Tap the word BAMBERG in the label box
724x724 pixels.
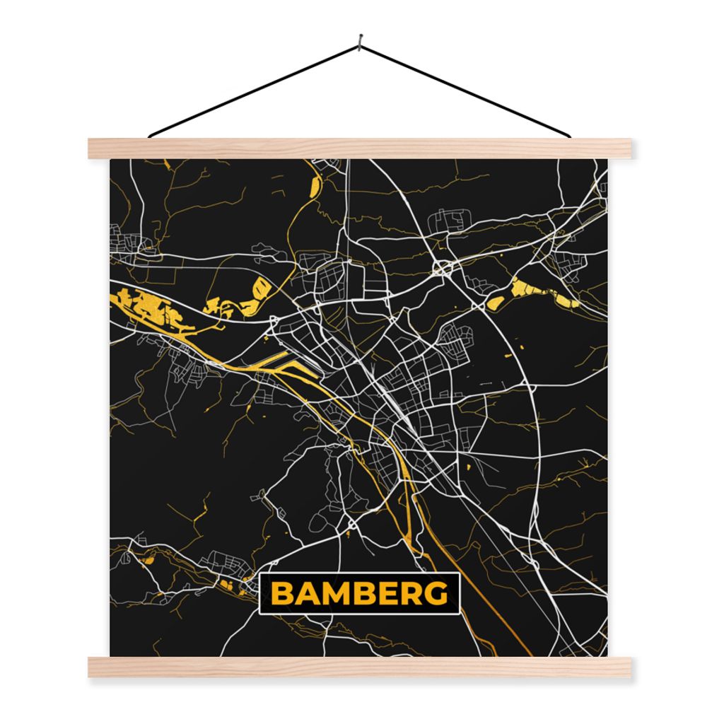point(360,594)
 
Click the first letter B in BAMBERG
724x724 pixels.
point(283,594)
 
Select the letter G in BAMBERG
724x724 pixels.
point(437,594)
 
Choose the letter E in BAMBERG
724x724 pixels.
point(387,594)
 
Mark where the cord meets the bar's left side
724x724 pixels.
point(151,136)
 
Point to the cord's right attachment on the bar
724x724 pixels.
point(568,136)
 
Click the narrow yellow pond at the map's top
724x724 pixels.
point(315,185)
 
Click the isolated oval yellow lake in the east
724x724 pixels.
point(496,303)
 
